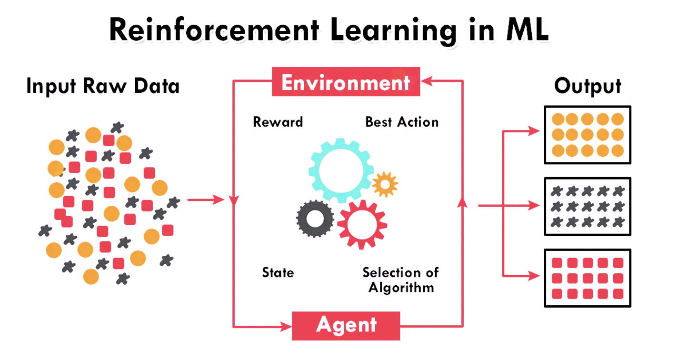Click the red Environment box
point(346,82)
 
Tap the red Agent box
point(346,326)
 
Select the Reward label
point(278,122)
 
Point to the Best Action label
point(401,122)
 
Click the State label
point(278,273)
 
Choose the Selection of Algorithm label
point(400,280)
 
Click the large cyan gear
point(340,171)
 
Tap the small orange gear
point(384,184)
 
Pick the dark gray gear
point(315,219)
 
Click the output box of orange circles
point(587,135)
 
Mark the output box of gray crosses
point(587,206)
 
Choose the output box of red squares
point(587,278)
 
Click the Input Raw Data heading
point(103,86)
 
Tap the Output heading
point(588,86)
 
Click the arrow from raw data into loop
point(205,200)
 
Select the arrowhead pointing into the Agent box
point(286,326)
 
